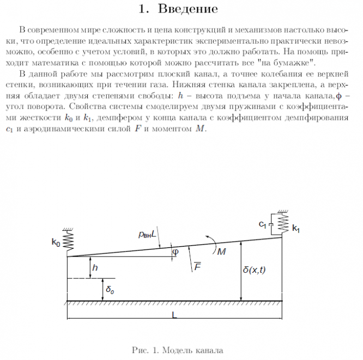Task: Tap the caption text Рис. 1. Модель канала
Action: pos(178,350)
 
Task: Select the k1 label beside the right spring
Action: pos(295,229)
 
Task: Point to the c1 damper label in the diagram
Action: pos(262,224)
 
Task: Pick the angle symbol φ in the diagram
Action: pos(175,252)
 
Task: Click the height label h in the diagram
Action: pos(95,267)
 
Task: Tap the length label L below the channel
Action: pos(173,315)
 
